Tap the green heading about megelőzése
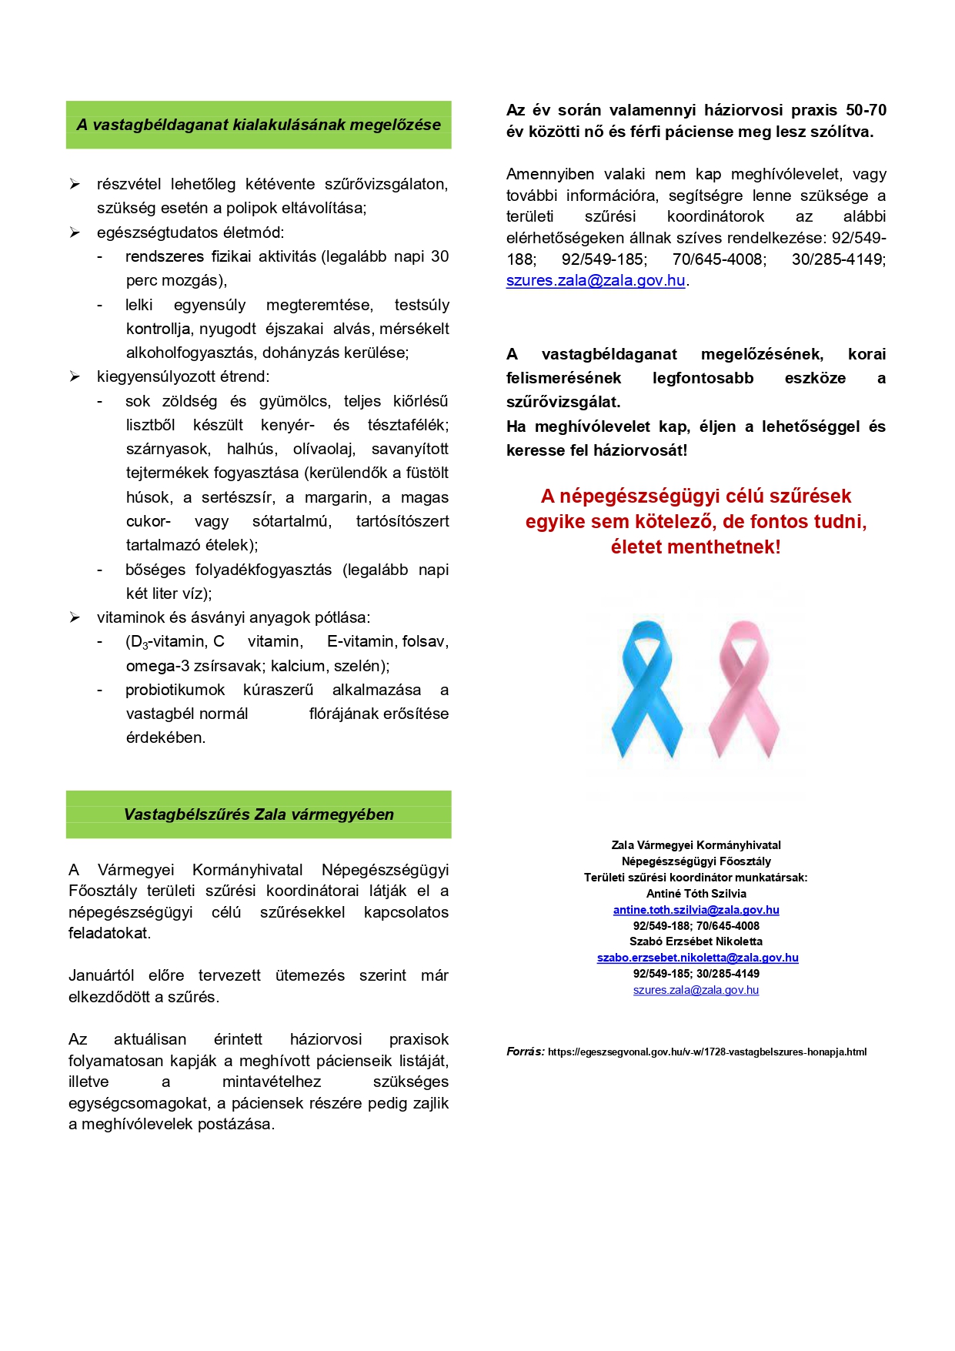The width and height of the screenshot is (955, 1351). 259,125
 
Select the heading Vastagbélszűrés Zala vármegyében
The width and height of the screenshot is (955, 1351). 259,814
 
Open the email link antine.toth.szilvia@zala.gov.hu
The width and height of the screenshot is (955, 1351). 696,910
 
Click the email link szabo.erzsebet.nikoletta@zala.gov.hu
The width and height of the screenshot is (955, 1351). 697,958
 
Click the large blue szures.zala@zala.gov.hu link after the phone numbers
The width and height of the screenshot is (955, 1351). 595,280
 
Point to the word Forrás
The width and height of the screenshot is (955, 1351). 525,1052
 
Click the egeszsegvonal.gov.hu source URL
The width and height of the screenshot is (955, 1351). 706,1052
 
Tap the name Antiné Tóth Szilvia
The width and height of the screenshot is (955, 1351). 696,894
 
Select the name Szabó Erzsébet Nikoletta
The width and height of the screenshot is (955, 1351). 696,941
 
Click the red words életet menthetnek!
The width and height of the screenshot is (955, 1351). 695,547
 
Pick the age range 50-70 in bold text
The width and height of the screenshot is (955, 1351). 866,110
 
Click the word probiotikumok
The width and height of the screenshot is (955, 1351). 175,690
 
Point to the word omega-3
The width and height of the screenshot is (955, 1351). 152,666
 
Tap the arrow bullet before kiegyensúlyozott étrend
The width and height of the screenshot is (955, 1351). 75,376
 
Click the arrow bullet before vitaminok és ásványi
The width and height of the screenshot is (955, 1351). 75,617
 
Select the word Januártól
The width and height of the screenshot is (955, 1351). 101,975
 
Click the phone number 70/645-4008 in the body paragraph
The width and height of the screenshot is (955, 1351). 719,259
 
